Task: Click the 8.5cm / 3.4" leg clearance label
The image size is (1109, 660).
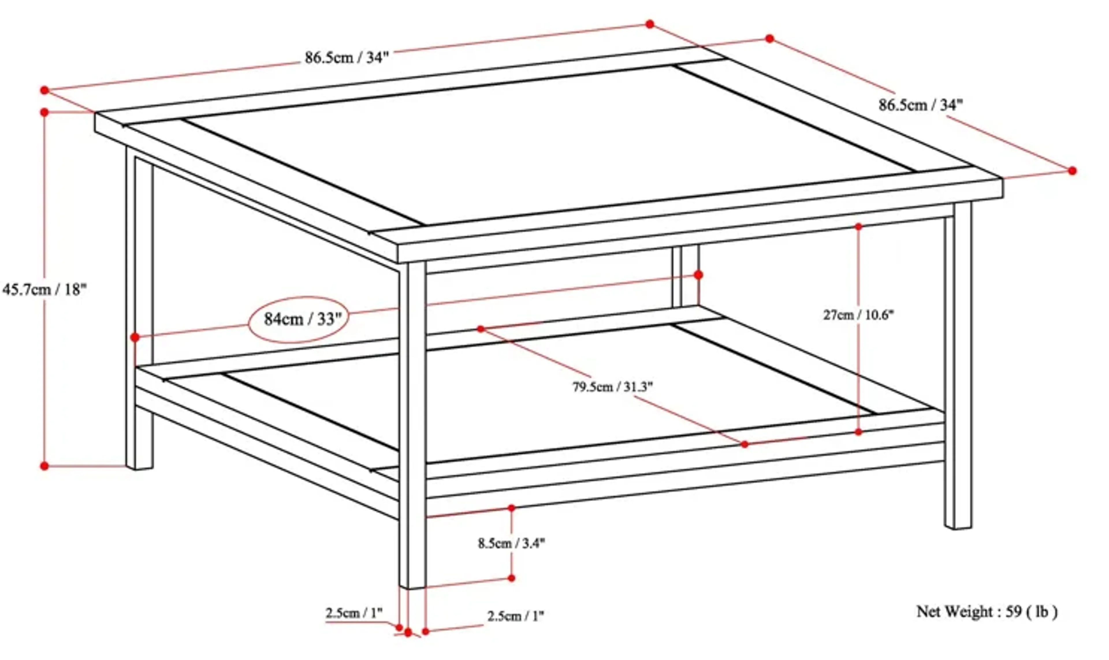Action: point(511,543)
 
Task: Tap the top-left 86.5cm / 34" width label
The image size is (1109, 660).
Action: point(346,58)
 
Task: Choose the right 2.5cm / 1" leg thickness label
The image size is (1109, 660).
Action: point(516,616)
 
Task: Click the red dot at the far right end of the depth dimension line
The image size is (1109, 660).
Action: point(1072,170)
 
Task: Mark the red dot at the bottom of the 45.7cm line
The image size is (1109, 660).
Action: point(44,466)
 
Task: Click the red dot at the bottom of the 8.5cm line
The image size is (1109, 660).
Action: point(511,578)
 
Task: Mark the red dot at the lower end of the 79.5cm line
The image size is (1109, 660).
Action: point(745,444)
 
